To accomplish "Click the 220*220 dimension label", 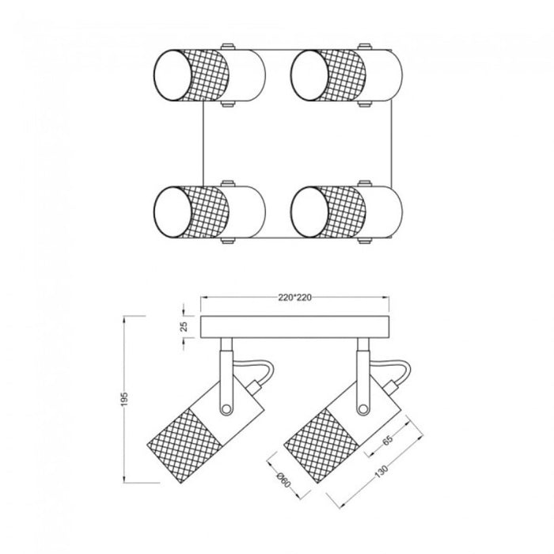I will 295,299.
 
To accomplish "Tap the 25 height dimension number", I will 183,326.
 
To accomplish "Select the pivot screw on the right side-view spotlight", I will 363,408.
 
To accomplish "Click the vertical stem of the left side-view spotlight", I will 226,372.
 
